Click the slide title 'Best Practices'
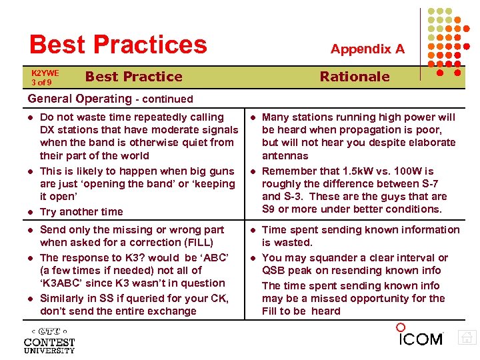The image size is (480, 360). click(118, 44)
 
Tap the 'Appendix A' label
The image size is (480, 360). click(367, 49)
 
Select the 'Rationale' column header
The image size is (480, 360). click(354, 76)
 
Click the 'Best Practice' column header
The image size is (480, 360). click(133, 76)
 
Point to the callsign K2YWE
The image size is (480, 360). click(45, 73)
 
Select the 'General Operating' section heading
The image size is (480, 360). click(80, 99)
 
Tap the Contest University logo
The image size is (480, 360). click(49, 340)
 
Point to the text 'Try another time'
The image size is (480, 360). click(81, 211)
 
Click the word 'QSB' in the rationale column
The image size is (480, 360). click(274, 270)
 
